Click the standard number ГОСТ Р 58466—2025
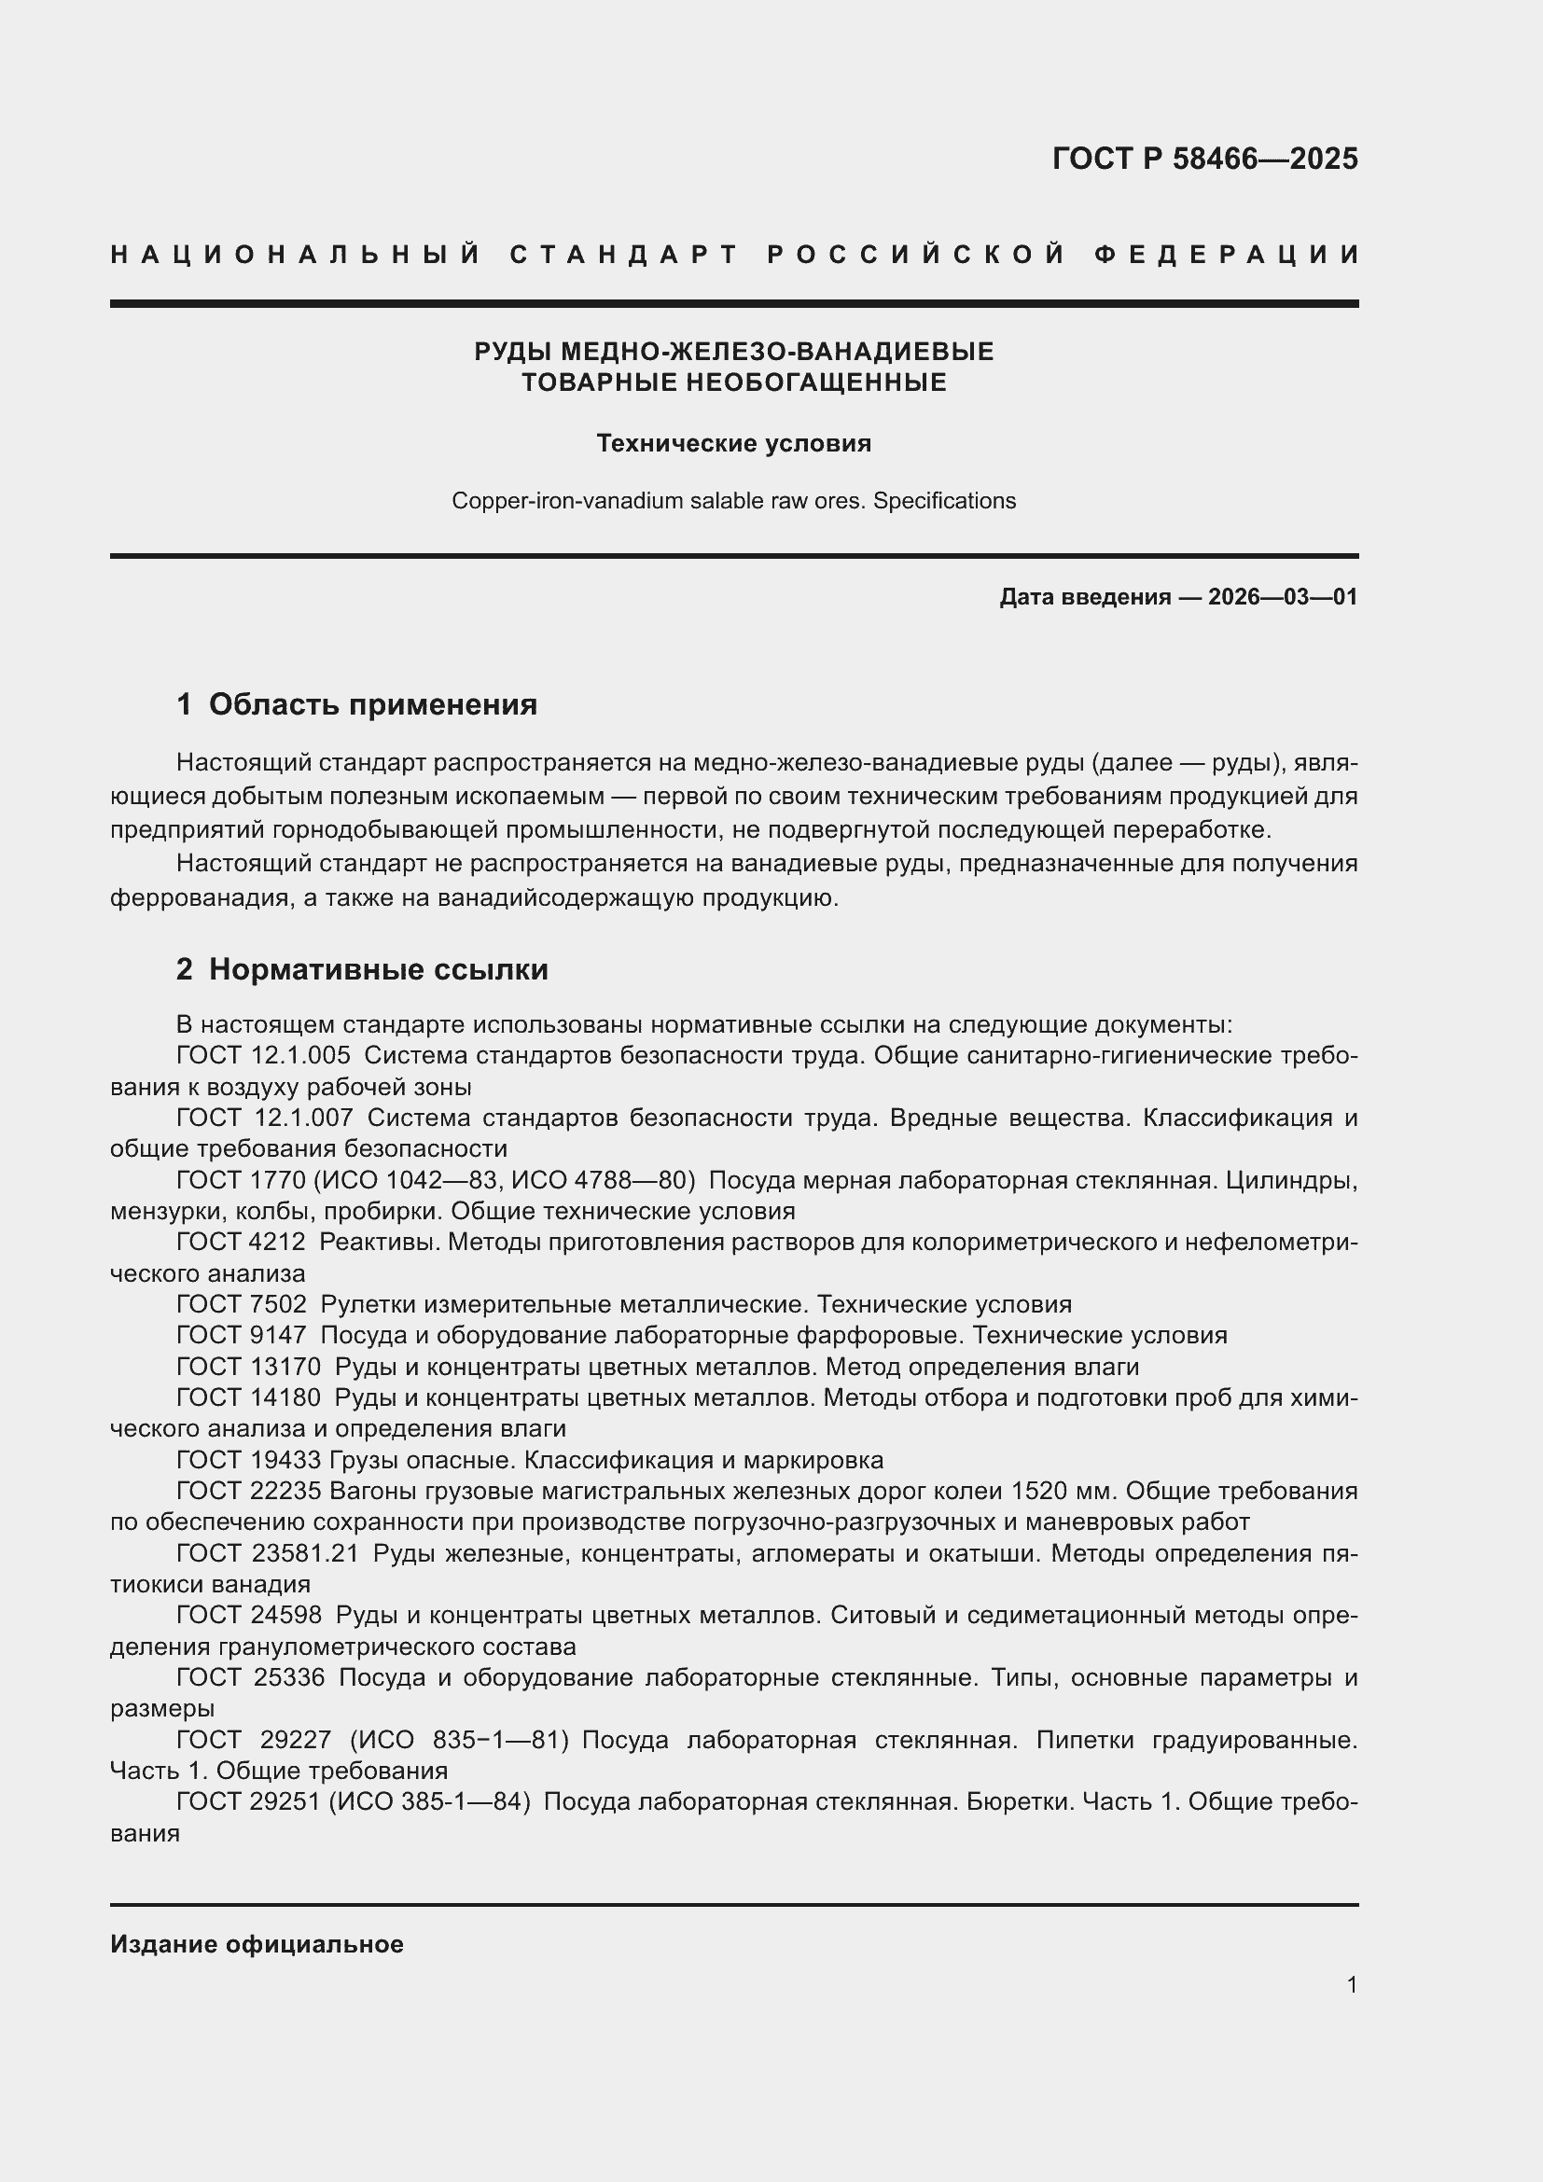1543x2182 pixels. click(1203, 158)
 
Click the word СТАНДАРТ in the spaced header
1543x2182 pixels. click(624, 255)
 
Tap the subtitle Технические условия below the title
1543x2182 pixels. click(733, 444)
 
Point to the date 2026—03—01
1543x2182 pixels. click(1283, 597)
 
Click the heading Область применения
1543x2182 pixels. click(372, 704)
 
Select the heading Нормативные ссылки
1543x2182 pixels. click(378, 969)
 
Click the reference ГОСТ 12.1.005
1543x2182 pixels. click(263, 1056)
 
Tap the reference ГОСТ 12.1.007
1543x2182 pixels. click(264, 1118)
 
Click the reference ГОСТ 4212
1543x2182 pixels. click(242, 1242)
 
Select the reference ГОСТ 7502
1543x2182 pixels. click(242, 1304)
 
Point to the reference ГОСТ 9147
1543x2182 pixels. click(242, 1335)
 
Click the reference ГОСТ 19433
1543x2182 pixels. click(249, 1460)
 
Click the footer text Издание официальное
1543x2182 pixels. click(257, 1944)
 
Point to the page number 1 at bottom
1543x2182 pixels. click(1351, 1985)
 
